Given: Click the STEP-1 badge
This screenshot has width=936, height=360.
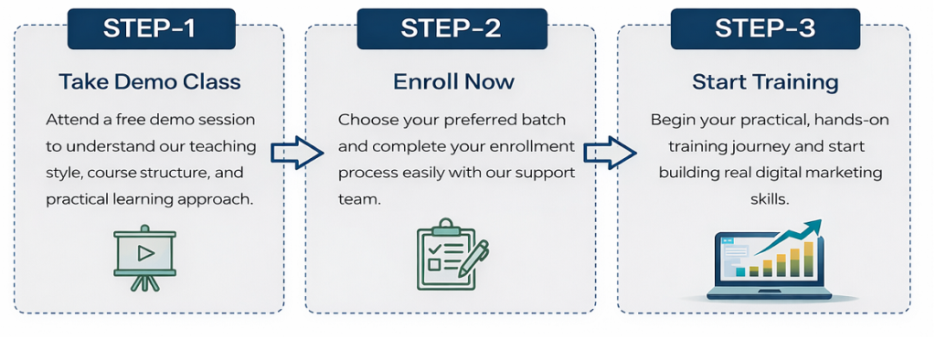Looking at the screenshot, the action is tap(151, 28).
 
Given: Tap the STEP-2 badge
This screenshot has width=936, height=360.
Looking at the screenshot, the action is tap(452, 28).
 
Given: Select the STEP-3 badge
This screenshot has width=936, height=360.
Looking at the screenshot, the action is tap(765, 28).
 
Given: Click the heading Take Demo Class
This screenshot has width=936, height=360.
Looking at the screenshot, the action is tap(150, 82).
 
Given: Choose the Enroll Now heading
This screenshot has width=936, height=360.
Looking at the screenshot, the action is tap(453, 82).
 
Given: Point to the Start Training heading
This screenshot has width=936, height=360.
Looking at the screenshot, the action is tap(766, 82).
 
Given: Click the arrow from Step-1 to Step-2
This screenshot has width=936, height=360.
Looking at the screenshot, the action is tap(297, 153).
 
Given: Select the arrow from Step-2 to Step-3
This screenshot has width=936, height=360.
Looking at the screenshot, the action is tap(609, 153).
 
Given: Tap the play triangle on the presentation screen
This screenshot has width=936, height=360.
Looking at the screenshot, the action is tap(145, 254).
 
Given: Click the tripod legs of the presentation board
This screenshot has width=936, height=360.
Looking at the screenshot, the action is tap(145, 282).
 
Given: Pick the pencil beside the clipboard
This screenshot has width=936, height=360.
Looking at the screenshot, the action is tap(473, 258).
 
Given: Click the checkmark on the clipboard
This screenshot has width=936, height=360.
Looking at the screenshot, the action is tap(435, 248).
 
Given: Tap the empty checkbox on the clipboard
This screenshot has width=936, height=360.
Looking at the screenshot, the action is tap(435, 263).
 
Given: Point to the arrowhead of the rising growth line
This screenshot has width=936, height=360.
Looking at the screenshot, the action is tap(813, 227).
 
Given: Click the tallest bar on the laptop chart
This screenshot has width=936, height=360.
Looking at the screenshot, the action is tap(809, 259).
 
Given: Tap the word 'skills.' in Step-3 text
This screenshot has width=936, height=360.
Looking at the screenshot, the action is tap(770, 199).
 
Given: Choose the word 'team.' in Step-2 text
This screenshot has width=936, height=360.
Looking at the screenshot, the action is tap(359, 199).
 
